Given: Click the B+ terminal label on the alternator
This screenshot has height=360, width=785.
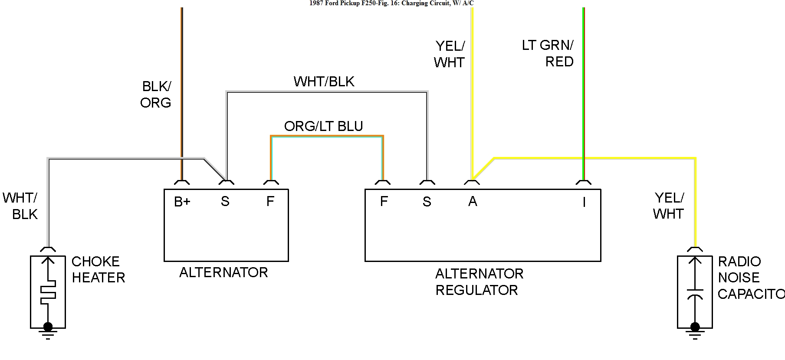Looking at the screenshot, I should pos(182,202).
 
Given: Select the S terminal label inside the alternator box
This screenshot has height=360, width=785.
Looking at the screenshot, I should pos(225,202).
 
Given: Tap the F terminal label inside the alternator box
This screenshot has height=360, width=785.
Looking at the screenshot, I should pos(270,202).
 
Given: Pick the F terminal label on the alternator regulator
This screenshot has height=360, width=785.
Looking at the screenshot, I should pos(384,202).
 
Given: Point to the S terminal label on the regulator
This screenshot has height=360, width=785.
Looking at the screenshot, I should pos(427,202).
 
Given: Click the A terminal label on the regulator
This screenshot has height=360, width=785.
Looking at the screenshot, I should pos(473,202).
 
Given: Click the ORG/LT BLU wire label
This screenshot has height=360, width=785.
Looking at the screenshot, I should pos(323,126).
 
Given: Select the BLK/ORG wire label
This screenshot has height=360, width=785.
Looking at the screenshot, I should pos(156,95).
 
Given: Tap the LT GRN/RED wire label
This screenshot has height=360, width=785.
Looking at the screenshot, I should pos(548,53).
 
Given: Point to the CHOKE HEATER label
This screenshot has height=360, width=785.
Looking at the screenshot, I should pos(98,269).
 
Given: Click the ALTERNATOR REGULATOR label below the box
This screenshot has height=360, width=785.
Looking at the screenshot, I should pos(479,282).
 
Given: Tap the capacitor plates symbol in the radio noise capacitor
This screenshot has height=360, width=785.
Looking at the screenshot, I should pos(695,293).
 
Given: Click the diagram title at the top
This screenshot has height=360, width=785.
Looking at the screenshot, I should pos(391,3).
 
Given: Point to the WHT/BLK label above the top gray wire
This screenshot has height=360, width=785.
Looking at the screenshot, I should pos(324,82).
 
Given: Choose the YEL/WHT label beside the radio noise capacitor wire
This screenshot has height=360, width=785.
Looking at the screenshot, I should pos(668,206).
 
